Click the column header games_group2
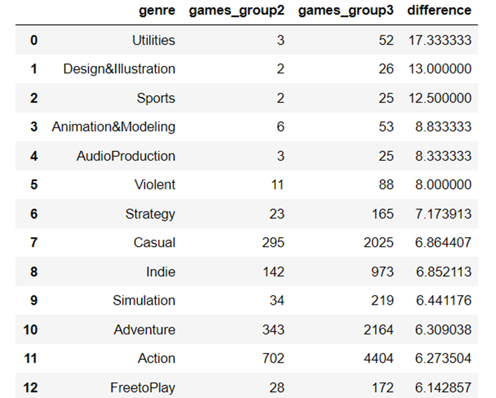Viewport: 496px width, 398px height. point(236,11)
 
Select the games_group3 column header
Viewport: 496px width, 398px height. point(346,11)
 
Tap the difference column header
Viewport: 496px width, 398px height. point(439,11)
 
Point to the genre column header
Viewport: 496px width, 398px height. point(157,11)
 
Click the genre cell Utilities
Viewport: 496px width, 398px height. point(153,40)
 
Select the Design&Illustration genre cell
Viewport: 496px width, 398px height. point(119,69)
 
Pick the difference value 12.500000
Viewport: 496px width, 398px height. point(439,98)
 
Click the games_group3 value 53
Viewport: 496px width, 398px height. point(386,127)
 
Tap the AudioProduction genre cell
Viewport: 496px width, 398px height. point(125,156)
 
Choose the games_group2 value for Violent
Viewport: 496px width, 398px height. point(277,185)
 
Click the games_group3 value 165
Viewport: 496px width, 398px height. point(382,214)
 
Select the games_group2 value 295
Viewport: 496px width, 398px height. point(273,243)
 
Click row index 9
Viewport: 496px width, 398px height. point(34,300)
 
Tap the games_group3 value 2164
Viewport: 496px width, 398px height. point(379,330)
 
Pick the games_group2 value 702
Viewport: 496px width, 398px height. point(273,359)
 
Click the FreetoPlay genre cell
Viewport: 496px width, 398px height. point(143,387)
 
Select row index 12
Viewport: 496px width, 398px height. point(31,387)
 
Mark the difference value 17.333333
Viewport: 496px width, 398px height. point(439,40)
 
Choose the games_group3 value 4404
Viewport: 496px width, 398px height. point(379,359)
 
